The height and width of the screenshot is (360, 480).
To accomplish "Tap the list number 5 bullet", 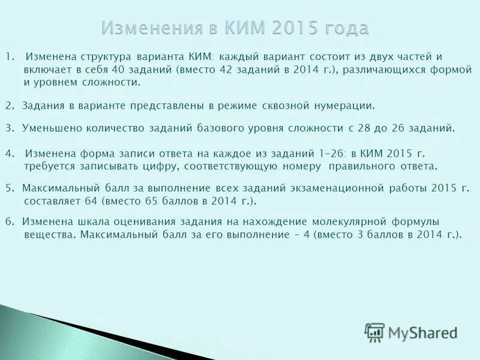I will click(x=8, y=188).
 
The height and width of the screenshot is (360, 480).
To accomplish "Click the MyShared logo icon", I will click(x=374, y=332).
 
